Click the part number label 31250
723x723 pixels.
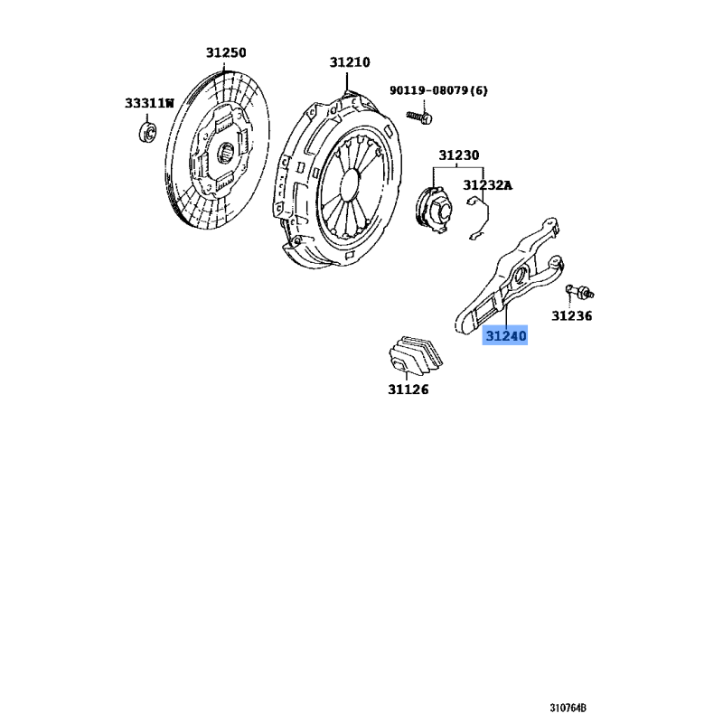pos(226,52)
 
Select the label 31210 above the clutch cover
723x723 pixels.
pos(350,62)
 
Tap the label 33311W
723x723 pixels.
pos(149,103)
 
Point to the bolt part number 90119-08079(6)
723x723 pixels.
pos(438,90)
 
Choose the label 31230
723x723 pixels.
pos(459,155)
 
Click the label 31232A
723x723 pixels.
pos(488,185)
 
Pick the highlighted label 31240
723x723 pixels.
pos(505,335)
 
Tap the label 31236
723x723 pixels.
pos(572,315)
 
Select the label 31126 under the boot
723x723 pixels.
pos(408,390)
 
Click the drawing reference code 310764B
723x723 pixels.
pos(568,708)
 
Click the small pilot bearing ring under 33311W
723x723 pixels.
pos(147,132)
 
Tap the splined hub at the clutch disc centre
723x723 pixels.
pos(226,152)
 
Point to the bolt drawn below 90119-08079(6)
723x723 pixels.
pos(419,117)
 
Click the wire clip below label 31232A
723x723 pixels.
pos(479,218)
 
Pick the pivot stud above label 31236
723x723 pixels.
pos(579,291)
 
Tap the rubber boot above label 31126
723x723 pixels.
pos(416,353)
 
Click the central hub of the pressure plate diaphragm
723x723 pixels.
pos(352,184)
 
